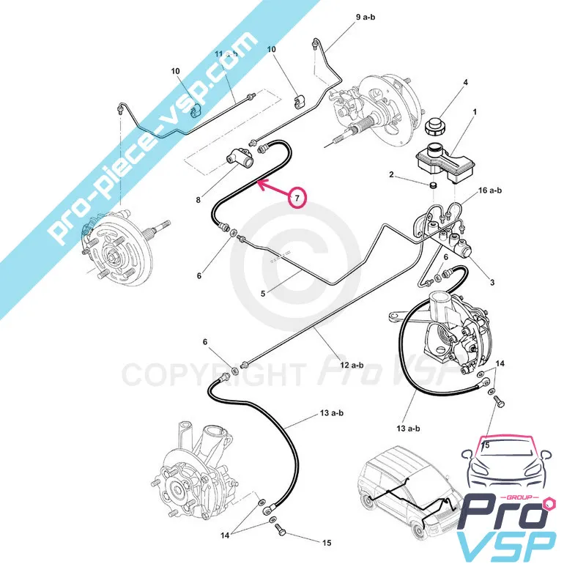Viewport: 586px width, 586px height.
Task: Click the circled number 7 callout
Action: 297,197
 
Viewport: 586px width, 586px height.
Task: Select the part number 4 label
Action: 466,82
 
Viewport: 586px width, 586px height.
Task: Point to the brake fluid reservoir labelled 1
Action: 445,163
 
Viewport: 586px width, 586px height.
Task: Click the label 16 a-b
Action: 490,190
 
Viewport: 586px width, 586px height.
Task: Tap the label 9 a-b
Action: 365,17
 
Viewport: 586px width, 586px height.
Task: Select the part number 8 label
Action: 198,200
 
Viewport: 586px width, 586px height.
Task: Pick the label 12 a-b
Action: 352,364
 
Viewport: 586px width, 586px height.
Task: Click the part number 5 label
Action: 263,294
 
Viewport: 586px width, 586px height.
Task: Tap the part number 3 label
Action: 492,282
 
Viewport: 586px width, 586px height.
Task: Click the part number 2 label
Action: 391,174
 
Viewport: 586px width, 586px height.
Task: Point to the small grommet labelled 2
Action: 433,185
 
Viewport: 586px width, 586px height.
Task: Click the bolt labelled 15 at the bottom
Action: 281,529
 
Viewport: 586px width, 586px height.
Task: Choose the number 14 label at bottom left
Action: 224,535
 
